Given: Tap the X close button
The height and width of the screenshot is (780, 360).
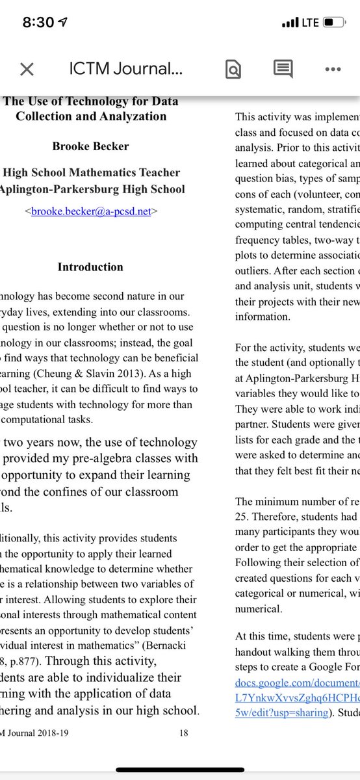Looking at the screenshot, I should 26,70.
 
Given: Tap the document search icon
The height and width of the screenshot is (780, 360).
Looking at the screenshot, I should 233,70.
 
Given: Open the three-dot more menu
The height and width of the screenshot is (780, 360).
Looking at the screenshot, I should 333,70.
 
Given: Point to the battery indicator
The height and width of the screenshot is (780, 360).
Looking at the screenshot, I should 335,23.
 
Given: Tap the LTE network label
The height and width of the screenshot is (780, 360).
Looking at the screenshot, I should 310,23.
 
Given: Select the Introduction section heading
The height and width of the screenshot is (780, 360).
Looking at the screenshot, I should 90,267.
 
